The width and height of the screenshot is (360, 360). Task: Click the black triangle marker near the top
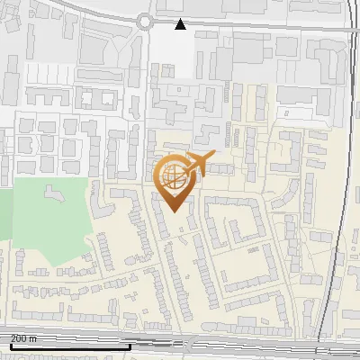(x=181, y=24)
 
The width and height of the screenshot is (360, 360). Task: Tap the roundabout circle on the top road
(x=145, y=21)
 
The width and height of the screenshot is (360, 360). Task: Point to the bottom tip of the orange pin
(x=173, y=211)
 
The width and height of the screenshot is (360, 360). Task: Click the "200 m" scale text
(x=24, y=338)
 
